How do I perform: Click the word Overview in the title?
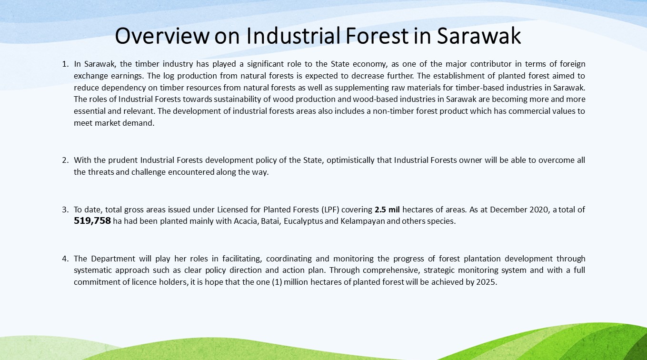162,36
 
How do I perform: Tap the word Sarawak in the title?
479,36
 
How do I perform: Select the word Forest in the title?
377,36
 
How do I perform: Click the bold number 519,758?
92,221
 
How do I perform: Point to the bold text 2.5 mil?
387,210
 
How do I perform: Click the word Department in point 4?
113,259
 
